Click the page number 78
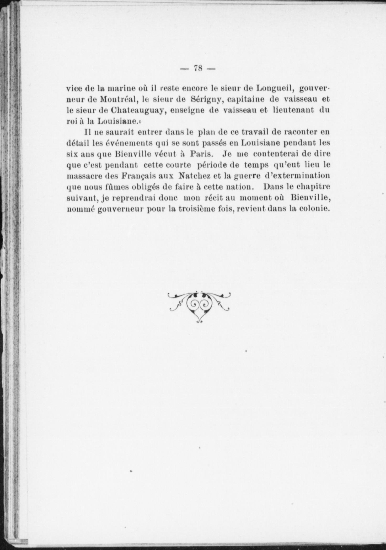tap(198, 68)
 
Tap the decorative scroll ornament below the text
tap(199, 306)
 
